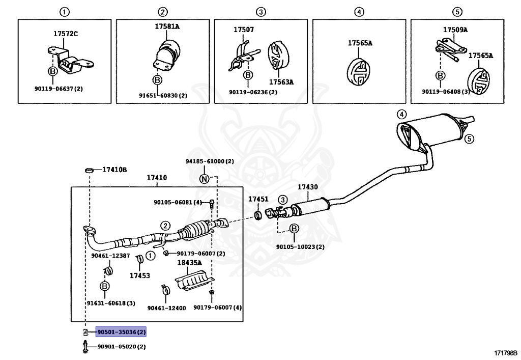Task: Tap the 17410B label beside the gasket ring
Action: click(114, 169)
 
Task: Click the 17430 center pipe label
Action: click(307, 187)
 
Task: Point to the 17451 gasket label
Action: click(258, 199)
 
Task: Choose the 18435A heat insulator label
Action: click(189, 263)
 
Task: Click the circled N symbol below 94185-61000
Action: click(204, 179)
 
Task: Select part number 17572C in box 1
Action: click(66, 34)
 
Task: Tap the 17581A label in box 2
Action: click(167, 26)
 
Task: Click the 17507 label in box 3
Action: click(244, 30)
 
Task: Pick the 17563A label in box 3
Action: click(281, 81)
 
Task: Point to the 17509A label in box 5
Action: click(455, 30)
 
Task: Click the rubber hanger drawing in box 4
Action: click(358, 72)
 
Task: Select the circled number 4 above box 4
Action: click(359, 12)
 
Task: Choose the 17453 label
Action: click(139, 275)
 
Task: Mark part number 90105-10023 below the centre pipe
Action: click(300, 247)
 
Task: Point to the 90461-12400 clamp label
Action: click(166, 308)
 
